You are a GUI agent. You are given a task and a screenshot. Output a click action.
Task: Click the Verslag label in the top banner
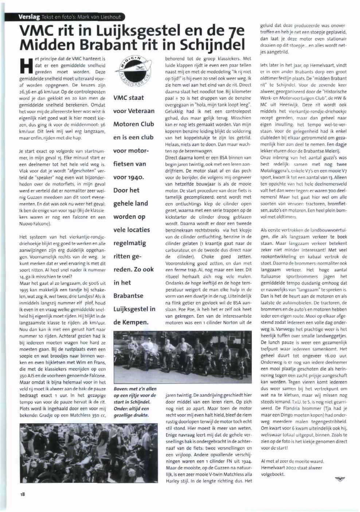(x=29, y=17)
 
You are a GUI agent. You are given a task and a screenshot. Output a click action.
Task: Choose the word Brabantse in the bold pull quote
(x=128, y=296)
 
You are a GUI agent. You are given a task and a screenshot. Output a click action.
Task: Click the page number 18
(x=22, y=494)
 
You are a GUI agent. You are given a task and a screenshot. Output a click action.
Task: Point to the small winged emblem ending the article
(x=340, y=479)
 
